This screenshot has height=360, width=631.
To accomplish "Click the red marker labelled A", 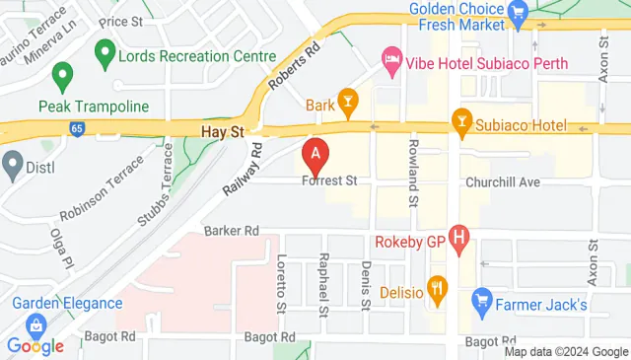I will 315,156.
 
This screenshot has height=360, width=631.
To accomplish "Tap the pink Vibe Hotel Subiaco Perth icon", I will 391,59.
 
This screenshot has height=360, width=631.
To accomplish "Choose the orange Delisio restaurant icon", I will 439,289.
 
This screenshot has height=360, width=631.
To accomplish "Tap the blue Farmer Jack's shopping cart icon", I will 482,297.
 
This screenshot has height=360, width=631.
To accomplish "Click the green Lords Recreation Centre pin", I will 103,49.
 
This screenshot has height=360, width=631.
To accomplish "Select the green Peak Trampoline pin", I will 64,75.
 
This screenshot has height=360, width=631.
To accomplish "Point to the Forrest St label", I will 329,181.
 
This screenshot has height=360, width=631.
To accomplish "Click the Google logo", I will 35,345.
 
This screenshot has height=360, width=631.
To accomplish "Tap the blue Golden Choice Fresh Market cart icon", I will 521,11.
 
